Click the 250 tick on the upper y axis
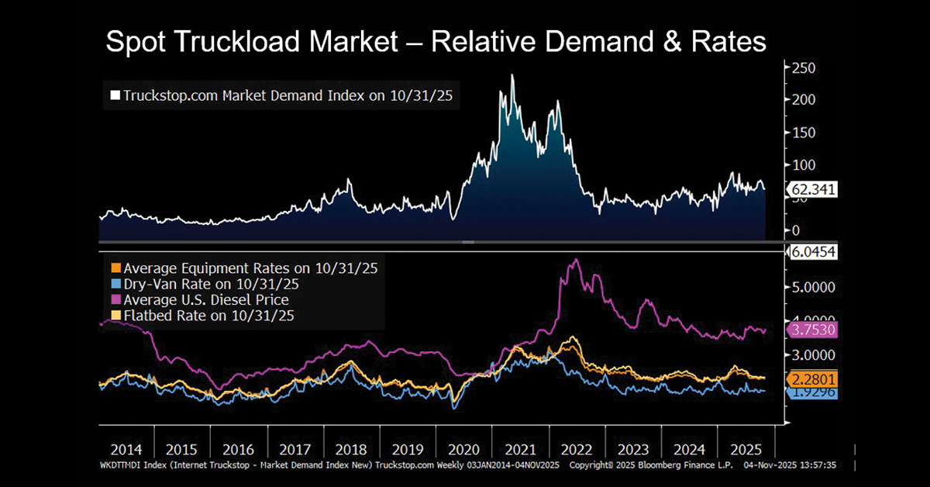pos(804,68)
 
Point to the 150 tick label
pos(804,133)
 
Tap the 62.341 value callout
pos(811,188)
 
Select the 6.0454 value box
pos(811,252)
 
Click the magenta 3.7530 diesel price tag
pos(811,330)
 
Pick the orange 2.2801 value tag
pos(811,379)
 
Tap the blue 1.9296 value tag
pos(811,393)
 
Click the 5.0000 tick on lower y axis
pos(815,286)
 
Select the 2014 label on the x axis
pos(126,450)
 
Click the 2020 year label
pos(464,450)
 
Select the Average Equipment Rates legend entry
pos(245,268)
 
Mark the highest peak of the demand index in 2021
pos(512,75)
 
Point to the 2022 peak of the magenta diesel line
pos(575,261)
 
